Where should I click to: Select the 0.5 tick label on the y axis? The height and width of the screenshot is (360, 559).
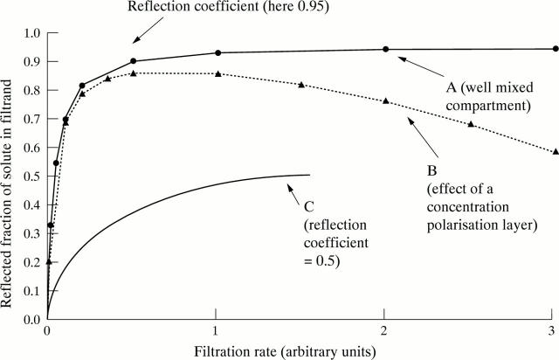[32, 176]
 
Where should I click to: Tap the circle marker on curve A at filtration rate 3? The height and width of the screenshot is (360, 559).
[555, 49]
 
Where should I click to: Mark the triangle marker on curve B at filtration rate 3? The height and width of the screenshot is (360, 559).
[555, 151]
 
